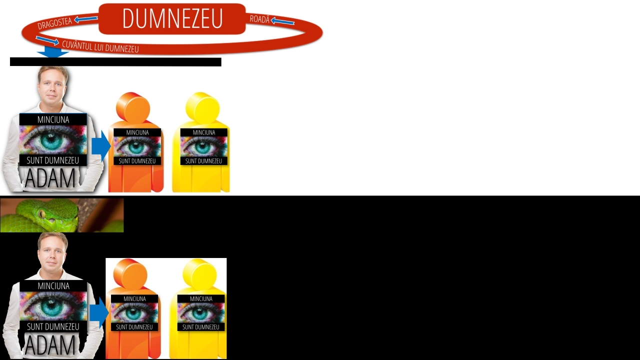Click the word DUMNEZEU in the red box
click(x=172, y=18)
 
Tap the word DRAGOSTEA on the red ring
click(x=54, y=23)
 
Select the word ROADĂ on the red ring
click(x=259, y=19)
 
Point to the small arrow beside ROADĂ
click(x=282, y=21)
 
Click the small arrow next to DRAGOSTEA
click(x=85, y=19)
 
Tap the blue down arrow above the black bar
click(x=53, y=52)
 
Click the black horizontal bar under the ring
click(x=115, y=62)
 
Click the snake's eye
click(x=42, y=213)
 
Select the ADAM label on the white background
click(x=50, y=178)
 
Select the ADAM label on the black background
click(x=50, y=345)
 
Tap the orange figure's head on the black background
click(x=130, y=275)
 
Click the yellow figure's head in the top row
click(x=202, y=108)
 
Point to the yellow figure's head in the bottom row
click(x=199, y=275)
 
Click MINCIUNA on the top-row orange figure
click(x=137, y=132)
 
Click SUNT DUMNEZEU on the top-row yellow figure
click(x=203, y=161)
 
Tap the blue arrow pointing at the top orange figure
click(x=101, y=146)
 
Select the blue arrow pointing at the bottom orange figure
click(x=99, y=312)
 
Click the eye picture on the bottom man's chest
click(x=53, y=306)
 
